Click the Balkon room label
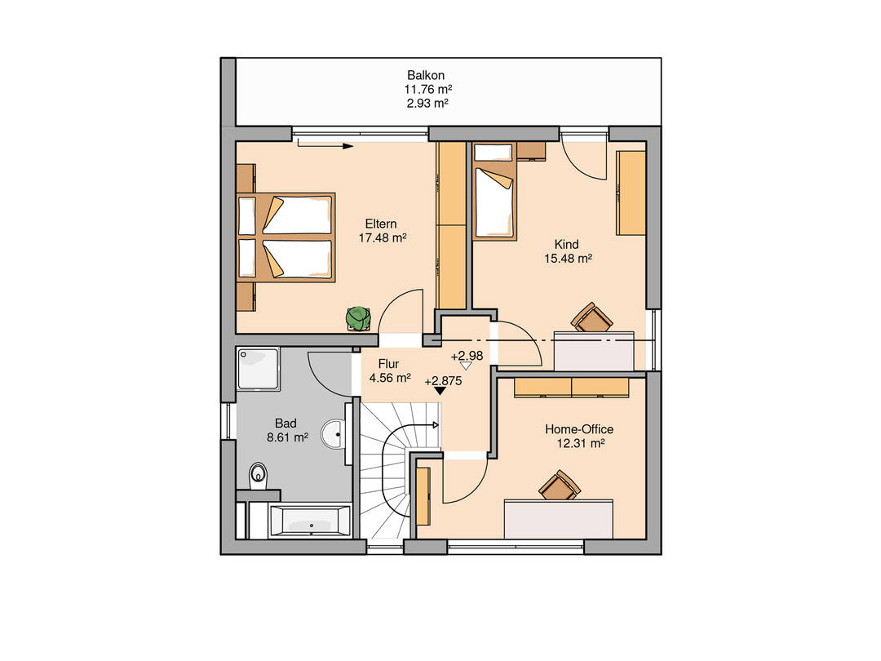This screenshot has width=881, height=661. click(426, 75)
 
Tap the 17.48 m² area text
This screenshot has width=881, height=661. click(383, 237)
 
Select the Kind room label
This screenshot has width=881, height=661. click(566, 245)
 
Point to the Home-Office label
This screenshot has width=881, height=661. click(579, 429)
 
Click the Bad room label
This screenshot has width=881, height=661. click(286, 424)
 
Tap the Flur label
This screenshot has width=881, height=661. click(388, 364)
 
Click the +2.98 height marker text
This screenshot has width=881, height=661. click(467, 356)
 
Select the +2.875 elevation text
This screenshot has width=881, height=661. click(443, 380)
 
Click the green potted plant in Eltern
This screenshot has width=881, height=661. click(358, 318)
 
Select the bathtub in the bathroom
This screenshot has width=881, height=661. click(310, 521)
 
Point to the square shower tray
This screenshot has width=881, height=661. click(259, 370)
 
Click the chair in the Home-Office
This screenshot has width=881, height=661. click(560, 485)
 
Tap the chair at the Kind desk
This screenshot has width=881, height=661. click(591, 317)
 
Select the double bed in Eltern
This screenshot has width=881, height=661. click(286, 237)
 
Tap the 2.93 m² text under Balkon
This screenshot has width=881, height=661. click(427, 104)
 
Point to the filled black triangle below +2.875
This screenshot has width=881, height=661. click(440, 391)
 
